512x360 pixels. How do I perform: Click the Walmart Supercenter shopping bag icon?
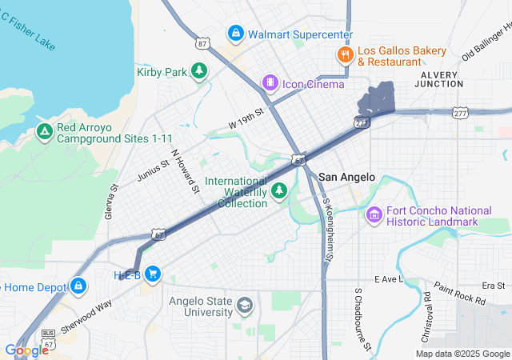click(x=235, y=34)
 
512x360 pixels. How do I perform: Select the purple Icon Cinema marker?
click(x=271, y=83)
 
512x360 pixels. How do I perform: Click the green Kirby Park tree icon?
click(x=199, y=72)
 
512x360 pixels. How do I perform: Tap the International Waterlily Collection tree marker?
click(x=279, y=190)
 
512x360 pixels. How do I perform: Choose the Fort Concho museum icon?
click(x=374, y=214)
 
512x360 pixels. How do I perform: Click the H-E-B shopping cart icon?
click(x=153, y=274)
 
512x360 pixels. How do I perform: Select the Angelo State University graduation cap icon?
click(x=245, y=306)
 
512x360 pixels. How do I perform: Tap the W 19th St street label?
click(x=246, y=119)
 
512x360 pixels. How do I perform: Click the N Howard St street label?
click(x=184, y=170)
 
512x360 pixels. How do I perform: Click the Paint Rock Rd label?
click(x=459, y=294)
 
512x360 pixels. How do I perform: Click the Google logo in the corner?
click(x=26, y=350)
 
